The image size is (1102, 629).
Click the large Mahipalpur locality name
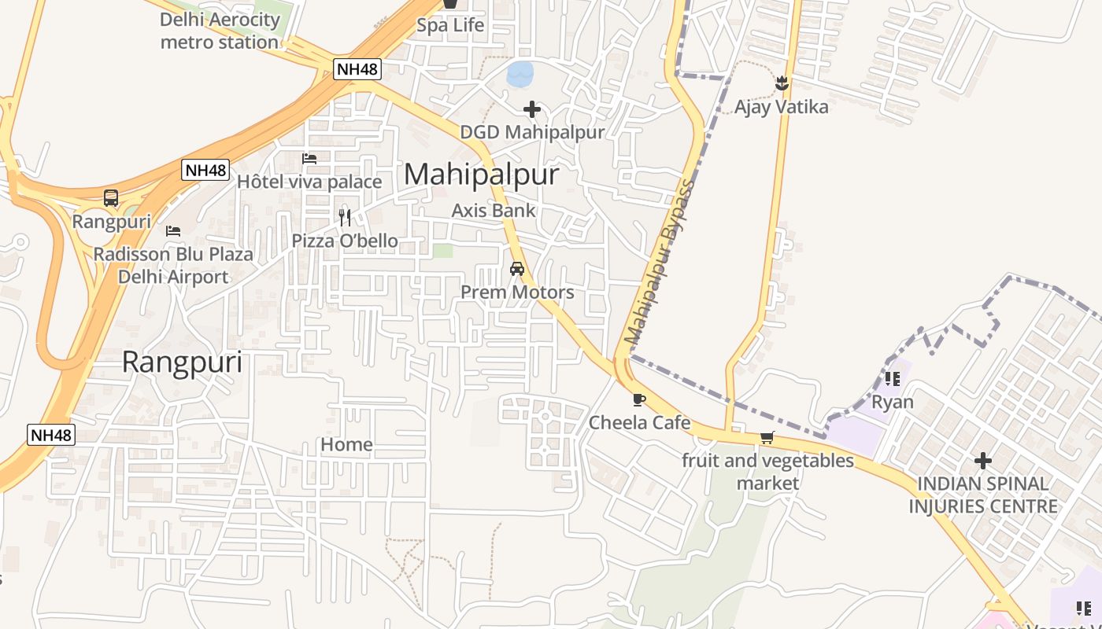click(x=481, y=175)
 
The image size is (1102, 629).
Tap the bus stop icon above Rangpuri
click(x=111, y=198)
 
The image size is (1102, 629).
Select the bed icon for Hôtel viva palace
click(x=309, y=159)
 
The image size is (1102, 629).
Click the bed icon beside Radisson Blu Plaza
click(x=173, y=231)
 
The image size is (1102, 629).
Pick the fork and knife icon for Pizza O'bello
click(x=345, y=218)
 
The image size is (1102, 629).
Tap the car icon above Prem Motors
click(x=517, y=269)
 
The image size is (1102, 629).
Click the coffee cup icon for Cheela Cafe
click(x=639, y=399)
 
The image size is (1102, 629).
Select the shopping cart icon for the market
click(x=767, y=438)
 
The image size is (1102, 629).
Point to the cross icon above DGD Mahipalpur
click(x=532, y=109)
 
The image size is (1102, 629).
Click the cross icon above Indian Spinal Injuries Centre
click(x=982, y=460)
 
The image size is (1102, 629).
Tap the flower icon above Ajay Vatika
click(x=782, y=83)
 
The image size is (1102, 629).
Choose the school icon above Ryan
click(x=892, y=379)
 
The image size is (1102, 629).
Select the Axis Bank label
click(x=494, y=211)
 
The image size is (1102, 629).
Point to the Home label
click(x=346, y=445)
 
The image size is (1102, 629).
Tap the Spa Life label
click(x=450, y=25)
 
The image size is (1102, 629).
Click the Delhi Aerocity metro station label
click(x=220, y=31)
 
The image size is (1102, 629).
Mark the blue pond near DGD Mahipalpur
click(x=520, y=74)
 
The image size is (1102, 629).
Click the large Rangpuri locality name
click(x=182, y=362)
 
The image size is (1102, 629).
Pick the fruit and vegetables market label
click(x=767, y=472)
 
